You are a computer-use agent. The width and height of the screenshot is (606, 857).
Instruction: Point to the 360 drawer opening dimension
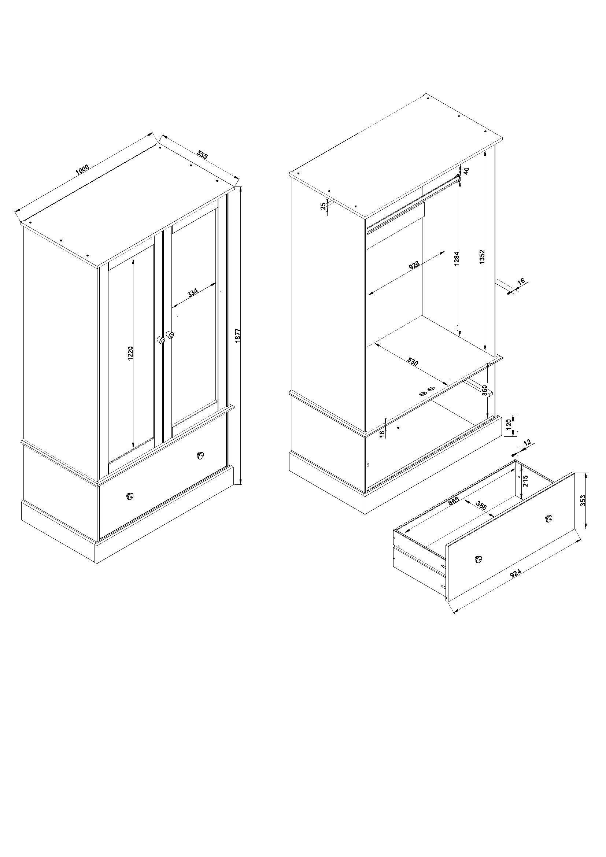(484, 391)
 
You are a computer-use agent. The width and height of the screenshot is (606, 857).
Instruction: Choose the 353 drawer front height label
(583, 500)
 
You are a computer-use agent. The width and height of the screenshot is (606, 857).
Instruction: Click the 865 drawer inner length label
(453, 501)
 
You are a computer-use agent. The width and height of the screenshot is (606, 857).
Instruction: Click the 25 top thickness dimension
(323, 206)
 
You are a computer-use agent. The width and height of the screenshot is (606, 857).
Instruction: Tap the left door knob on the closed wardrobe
(161, 340)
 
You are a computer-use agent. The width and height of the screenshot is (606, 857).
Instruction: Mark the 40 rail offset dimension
(466, 171)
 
